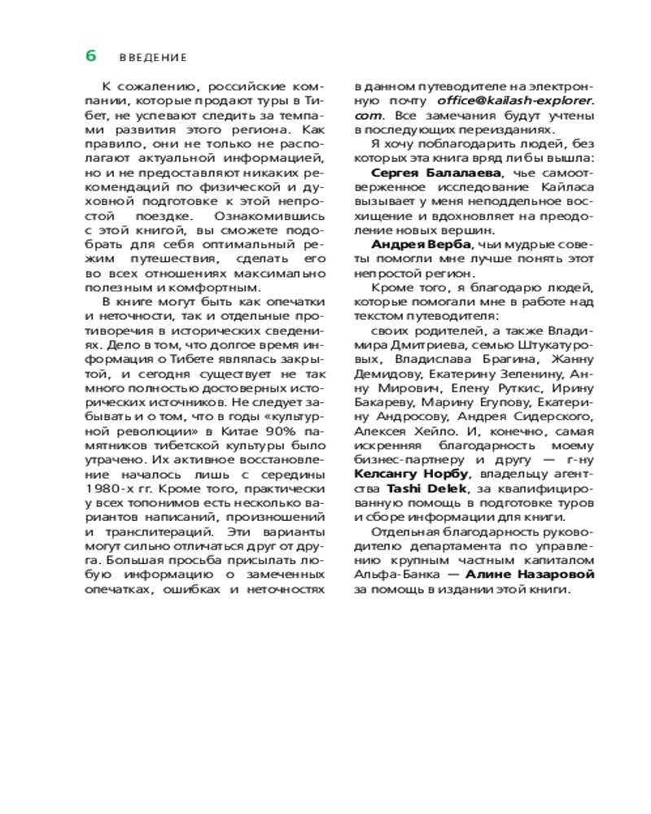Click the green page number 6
coord(91,56)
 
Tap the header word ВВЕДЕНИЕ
coord(153,58)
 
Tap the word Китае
coord(220,431)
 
